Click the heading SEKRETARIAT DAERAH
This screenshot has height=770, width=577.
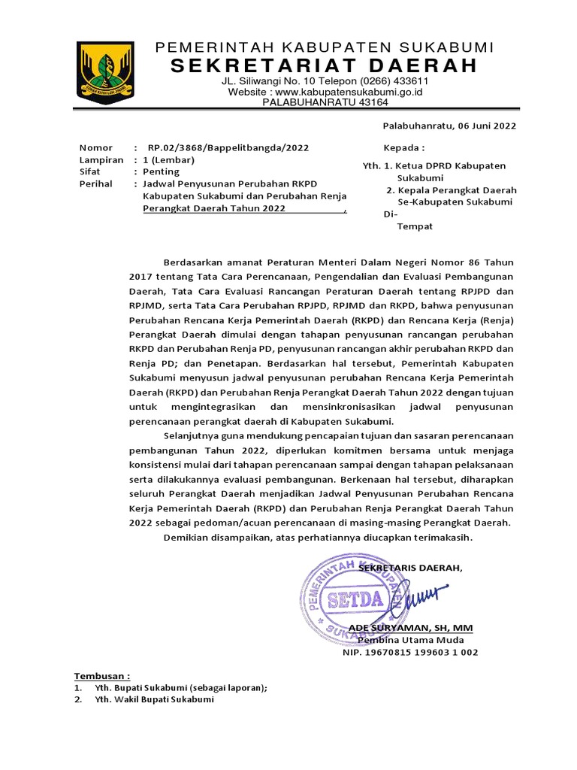pos(324,65)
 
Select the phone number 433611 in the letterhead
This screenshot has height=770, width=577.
pos(409,81)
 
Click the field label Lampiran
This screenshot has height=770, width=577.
pos(101,160)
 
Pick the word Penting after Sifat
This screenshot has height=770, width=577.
pos(162,171)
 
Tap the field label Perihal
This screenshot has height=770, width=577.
pos(96,183)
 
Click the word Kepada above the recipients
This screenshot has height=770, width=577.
pos(403,148)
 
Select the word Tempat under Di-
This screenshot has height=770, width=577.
pos(415,226)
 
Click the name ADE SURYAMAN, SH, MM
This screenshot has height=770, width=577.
pos(411,628)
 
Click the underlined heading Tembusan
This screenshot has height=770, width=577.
pos(101,675)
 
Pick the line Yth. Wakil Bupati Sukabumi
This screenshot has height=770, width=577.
pos(154,699)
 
